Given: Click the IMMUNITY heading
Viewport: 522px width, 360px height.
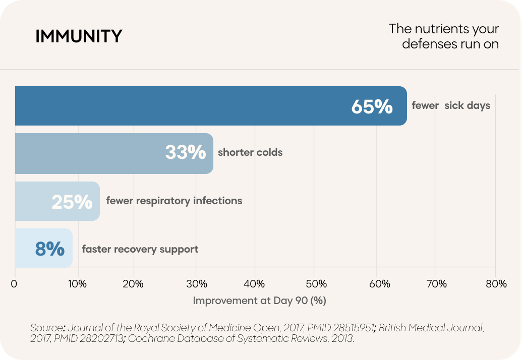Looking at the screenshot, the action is [79, 36].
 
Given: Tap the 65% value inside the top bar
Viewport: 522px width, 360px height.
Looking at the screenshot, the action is [372, 106].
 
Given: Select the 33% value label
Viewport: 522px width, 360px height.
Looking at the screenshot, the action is [186, 152].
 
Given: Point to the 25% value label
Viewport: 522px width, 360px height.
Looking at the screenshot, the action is [72, 202].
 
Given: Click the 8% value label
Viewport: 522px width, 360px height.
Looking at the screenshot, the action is [50, 249].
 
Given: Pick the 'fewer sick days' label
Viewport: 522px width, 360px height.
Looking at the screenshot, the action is [451, 105].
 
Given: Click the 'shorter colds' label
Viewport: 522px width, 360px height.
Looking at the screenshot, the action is [250, 152].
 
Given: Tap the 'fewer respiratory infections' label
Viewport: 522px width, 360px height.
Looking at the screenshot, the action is [174, 201].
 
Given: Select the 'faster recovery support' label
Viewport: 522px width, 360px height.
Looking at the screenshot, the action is [140, 249].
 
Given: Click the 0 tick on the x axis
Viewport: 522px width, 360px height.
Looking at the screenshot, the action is [14, 284].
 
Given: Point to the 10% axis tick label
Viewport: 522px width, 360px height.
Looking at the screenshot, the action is [77, 284].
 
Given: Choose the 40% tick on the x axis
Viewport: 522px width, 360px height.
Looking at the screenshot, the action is [254, 284].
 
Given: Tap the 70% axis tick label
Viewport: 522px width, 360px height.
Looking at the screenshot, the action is [436, 284].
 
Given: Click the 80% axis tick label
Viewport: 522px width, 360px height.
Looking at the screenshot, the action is [496, 284].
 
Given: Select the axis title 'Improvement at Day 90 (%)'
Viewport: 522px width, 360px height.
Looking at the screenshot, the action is [259, 301].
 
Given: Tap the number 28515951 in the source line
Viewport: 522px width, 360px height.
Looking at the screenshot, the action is [353, 328].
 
